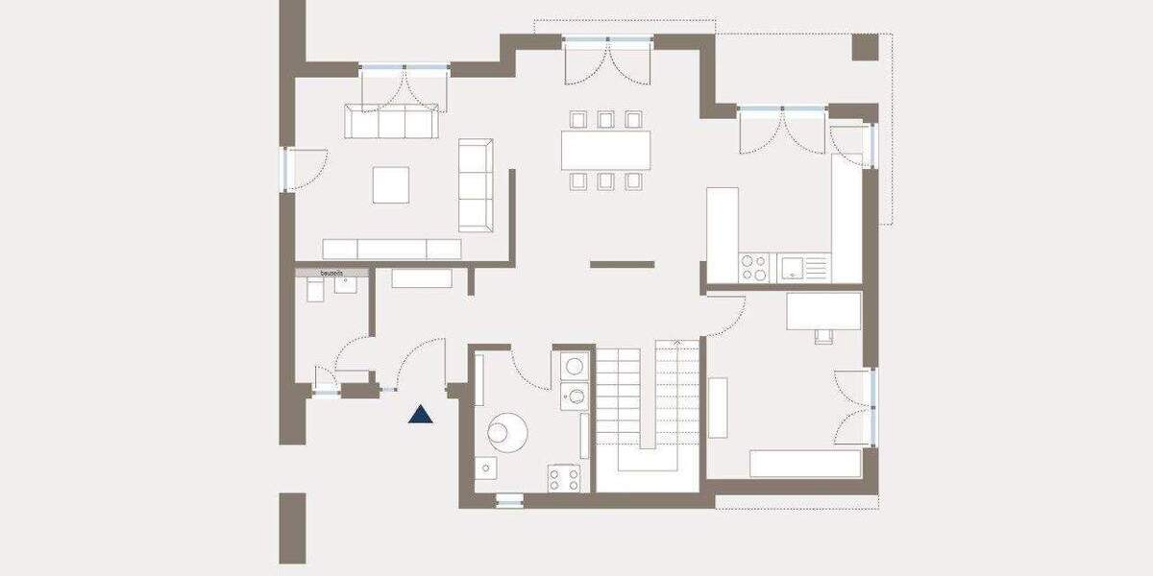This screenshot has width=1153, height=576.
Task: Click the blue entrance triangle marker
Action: click(x=420, y=415)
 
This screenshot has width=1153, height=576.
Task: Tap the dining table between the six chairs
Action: click(x=604, y=151)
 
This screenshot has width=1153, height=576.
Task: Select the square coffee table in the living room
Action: click(x=391, y=184)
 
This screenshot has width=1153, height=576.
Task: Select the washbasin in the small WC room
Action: click(x=347, y=285)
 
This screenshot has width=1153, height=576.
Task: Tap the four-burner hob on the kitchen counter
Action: click(x=754, y=267)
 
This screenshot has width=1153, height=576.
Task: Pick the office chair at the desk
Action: click(x=824, y=335)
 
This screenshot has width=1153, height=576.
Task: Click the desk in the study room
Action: click(x=823, y=311)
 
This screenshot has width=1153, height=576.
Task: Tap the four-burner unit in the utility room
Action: click(x=564, y=477)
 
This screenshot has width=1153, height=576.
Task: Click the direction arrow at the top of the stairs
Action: click(x=676, y=342)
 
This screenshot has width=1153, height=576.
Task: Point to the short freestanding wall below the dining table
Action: click(x=622, y=264)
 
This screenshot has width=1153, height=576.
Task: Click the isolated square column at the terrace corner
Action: click(x=865, y=47)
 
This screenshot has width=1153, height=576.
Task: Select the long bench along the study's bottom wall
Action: click(x=805, y=463)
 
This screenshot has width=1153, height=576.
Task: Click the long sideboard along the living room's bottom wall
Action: click(x=391, y=249)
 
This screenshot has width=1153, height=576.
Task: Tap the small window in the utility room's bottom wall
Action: click(x=508, y=500)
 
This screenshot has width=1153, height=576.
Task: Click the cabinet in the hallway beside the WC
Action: click(x=421, y=278)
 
